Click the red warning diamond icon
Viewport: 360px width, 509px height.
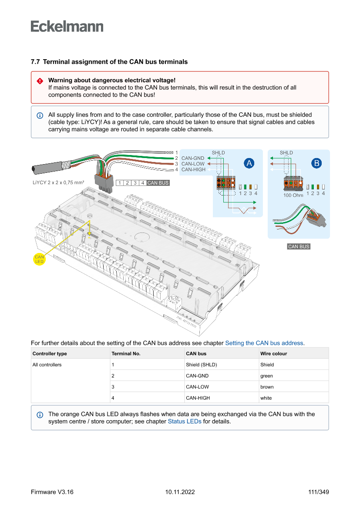pos(40,81)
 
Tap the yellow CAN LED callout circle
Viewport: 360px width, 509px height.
pos(39,259)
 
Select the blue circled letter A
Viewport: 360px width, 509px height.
pos(249,163)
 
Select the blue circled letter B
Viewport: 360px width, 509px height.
pos(316,163)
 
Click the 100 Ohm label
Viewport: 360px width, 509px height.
pos(293,196)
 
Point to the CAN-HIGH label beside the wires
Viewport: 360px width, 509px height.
pos(194,169)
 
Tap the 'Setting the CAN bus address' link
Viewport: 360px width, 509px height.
pos(264,343)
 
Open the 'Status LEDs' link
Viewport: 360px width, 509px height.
pos(185,421)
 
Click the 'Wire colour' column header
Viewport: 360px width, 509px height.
pos(273,354)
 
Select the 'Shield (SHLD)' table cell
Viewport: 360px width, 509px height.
pos(201,364)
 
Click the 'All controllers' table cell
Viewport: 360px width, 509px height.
pos(47,364)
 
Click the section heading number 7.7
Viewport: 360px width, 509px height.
pos(35,62)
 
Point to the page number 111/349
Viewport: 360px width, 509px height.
pos(318,492)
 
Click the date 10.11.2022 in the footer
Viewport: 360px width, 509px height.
pos(180,492)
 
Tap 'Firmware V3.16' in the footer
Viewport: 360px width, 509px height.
pos(52,492)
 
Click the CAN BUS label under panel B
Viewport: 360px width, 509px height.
pos(299,246)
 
